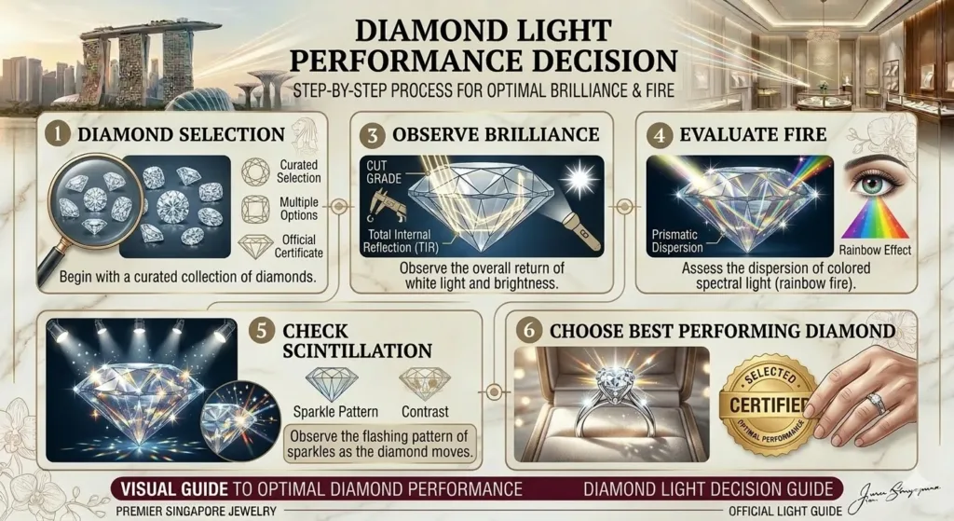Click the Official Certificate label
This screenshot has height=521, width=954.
298,245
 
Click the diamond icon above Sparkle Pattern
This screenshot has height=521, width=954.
332,382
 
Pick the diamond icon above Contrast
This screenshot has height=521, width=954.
424,382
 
